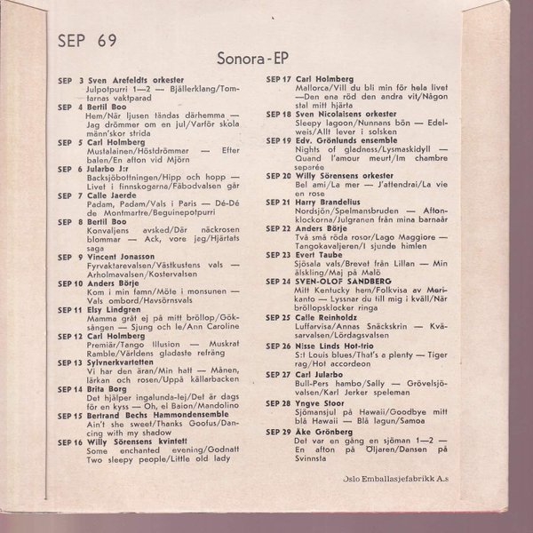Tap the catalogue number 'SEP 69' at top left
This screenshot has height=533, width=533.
(x=86, y=39)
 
